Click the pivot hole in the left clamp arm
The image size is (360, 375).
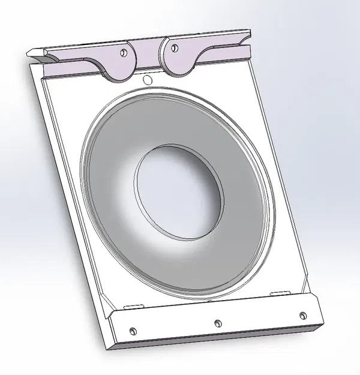(123, 52)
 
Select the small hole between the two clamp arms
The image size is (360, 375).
(147, 79)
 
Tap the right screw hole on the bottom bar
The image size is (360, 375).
(302, 314)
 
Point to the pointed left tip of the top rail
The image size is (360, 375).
(31, 53)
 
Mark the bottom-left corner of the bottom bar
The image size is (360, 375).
(116, 347)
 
